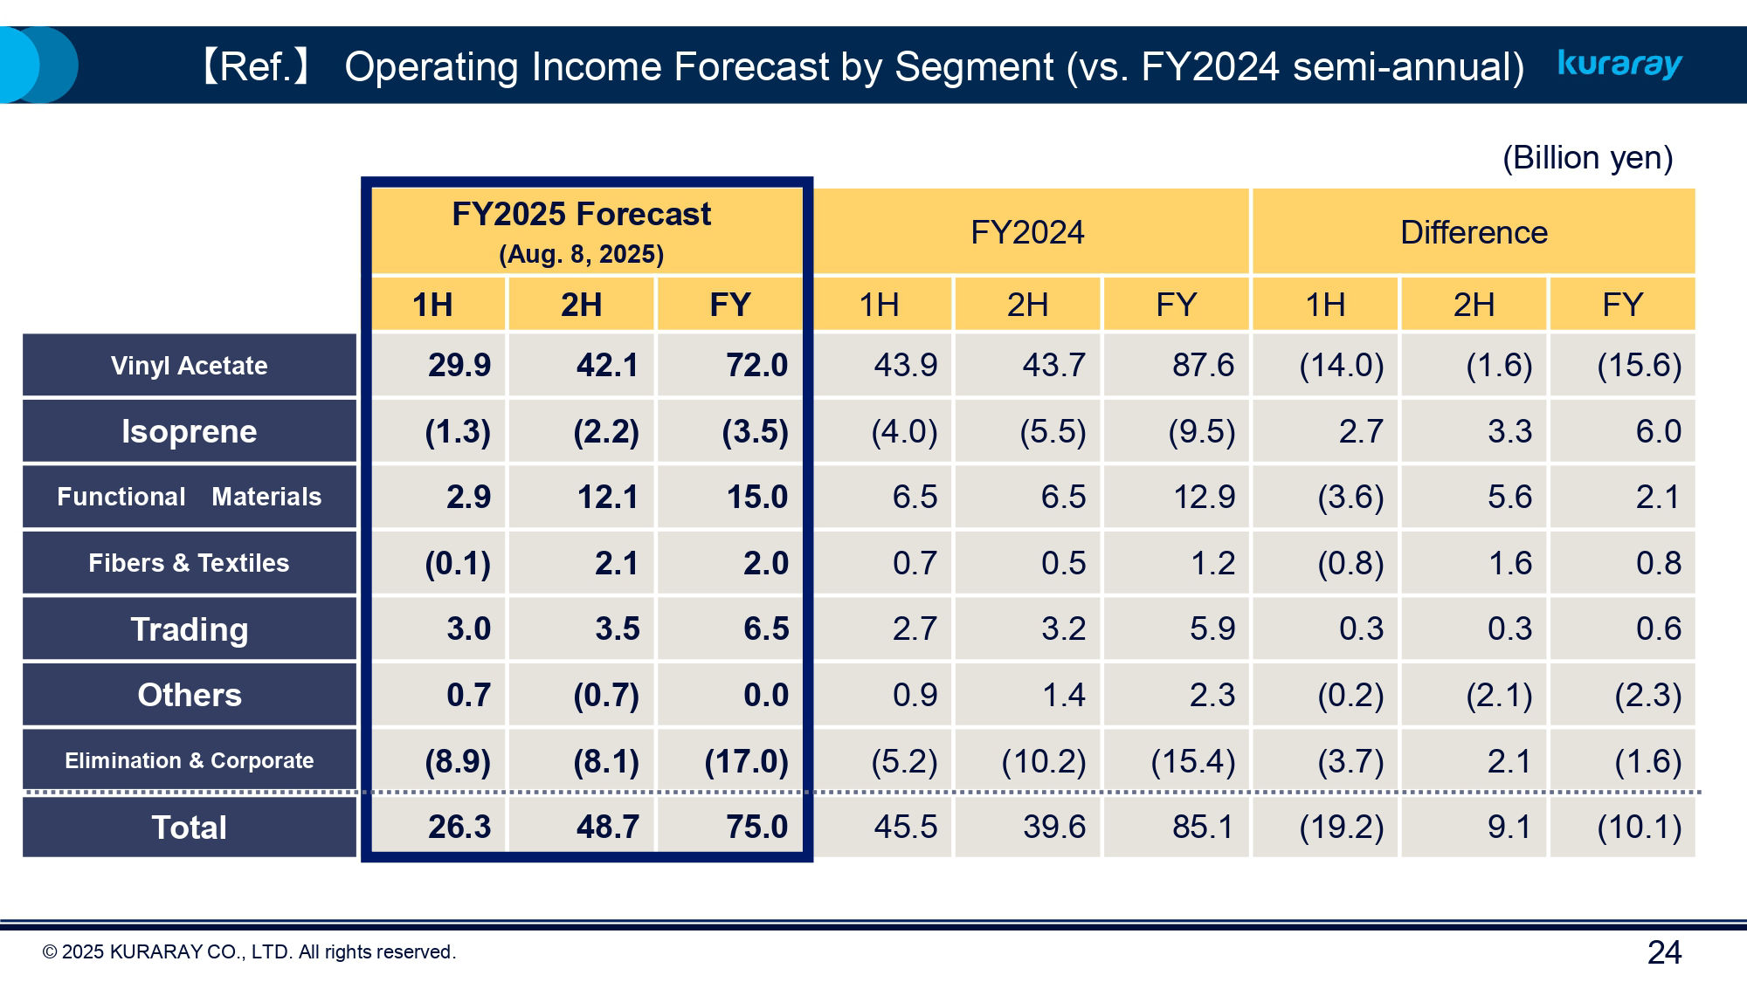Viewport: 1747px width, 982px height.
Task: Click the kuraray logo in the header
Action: tap(1619, 64)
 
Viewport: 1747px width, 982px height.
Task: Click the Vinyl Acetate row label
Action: tap(189, 366)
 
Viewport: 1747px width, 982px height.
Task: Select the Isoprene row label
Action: tap(189, 431)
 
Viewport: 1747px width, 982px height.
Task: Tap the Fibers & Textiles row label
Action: tap(189, 563)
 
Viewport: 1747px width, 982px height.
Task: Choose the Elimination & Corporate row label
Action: tap(189, 760)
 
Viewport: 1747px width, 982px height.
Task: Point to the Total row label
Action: tap(189, 827)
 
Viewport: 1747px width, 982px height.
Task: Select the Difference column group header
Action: tap(1474, 232)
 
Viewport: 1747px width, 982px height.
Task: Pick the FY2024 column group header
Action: tap(1027, 232)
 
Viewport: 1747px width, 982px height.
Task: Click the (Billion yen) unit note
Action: tap(1587, 158)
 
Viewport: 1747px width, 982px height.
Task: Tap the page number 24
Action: tap(1663, 952)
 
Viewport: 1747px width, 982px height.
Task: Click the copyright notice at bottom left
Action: tap(249, 952)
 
